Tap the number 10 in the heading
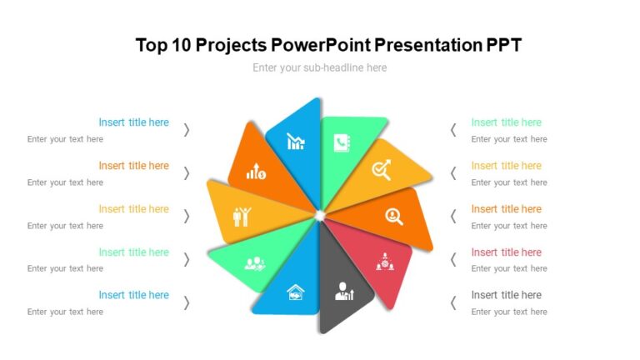coord(181,45)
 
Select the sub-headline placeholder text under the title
coord(319,67)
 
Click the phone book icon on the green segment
coord(342,142)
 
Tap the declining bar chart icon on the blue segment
coord(296,142)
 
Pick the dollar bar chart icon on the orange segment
coord(256,172)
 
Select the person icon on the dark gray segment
coord(343,291)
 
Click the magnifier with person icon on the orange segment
coord(394,217)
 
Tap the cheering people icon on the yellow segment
coord(242,217)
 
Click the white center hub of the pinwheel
coord(319,216)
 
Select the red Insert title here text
coord(506,252)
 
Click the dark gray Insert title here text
coord(506,295)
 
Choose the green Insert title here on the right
coord(506,122)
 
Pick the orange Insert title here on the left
coord(133,166)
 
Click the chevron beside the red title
coord(453,259)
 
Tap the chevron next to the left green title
coord(187,259)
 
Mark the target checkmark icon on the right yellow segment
coord(382,171)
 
